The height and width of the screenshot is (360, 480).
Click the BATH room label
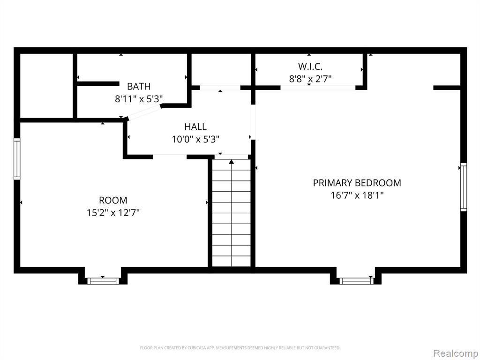click(x=139, y=86)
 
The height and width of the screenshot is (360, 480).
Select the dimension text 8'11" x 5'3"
click(x=139, y=99)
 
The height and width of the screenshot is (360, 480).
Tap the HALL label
click(x=195, y=127)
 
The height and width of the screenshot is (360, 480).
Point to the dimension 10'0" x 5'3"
click(x=195, y=139)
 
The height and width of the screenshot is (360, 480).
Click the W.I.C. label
click(x=310, y=66)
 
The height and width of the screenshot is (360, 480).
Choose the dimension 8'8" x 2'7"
click(x=310, y=79)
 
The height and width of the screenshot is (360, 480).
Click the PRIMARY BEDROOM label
click(x=357, y=183)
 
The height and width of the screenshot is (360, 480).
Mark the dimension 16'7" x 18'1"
click(x=357, y=195)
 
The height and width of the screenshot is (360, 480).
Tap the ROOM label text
click(x=113, y=200)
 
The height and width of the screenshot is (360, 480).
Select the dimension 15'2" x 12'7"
click(x=113, y=212)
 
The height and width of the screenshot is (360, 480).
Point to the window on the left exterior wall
click(x=17, y=159)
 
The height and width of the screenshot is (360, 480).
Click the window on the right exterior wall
click(x=464, y=187)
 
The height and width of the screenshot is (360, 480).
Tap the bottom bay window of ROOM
click(x=103, y=281)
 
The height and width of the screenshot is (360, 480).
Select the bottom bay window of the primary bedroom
click(x=356, y=281)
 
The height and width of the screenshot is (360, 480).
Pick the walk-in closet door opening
click(x=318, y=88)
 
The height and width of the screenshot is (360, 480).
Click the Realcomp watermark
click(x=455, y=353)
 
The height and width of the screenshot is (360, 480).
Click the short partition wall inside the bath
click(x=98, y=83)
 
